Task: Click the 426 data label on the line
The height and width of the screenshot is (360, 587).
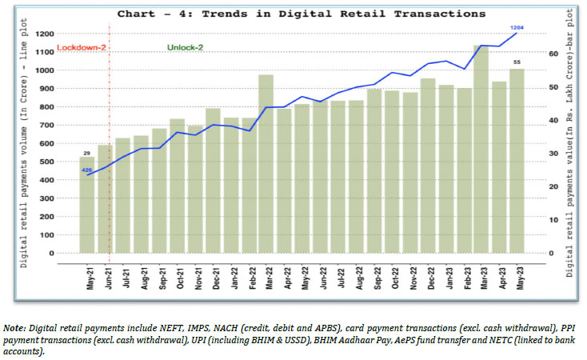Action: [86, 170]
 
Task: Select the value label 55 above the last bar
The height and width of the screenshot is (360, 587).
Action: [517, 62]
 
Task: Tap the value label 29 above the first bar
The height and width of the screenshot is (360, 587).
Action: [86, 152]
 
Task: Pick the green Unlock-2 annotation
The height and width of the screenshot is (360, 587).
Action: [185, 48]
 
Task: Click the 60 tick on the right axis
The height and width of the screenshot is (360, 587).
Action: [551, 53]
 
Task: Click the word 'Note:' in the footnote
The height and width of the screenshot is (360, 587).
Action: [14, 327]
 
